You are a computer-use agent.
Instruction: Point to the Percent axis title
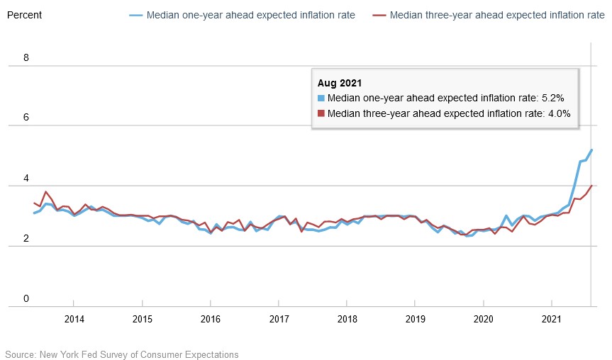coord(24,15)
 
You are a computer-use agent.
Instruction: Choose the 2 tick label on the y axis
coord(26,239)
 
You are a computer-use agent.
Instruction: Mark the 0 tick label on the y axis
coord(26,299)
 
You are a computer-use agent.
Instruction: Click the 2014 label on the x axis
coord(74,319)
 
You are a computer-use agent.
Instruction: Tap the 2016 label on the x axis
coord(211,319)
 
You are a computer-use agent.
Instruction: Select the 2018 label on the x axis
coord(347,319)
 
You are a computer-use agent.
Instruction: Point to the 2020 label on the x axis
coord(484,319)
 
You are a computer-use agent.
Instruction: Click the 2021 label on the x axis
coord(552,319)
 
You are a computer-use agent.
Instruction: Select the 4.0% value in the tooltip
coord(557,113)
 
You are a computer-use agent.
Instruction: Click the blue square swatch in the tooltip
coord(321,98)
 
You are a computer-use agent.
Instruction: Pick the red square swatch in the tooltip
coord(321,113)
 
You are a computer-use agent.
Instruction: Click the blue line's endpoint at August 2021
coord(592,150)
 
